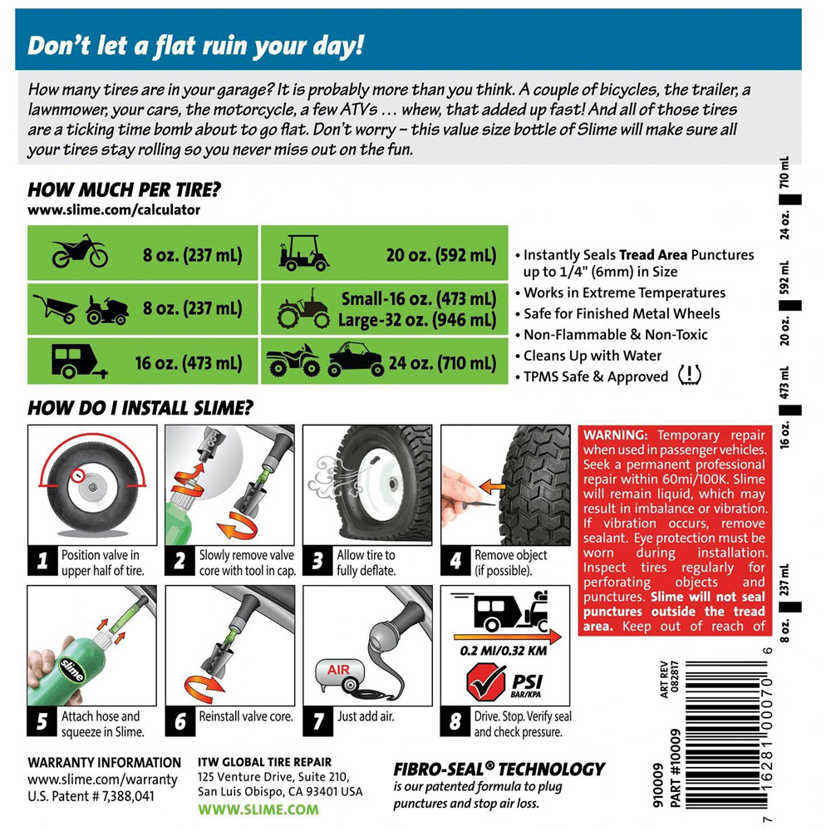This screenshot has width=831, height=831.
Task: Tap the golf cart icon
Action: (x=303, y=253)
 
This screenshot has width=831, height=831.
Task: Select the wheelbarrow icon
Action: (x=56, y=308)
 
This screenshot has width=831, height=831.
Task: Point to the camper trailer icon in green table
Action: (x=79, y=361)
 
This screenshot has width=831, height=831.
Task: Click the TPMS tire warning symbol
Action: (x=690, y=376)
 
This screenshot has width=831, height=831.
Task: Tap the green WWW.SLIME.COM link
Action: (x=258, y=809)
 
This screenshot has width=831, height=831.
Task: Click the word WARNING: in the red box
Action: (x=616, y=435)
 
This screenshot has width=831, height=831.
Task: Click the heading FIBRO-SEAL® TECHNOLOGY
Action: (x=499, y=770)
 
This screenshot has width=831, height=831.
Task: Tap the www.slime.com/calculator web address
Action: (x=114, y=210)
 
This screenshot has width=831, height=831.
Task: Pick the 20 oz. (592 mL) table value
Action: (x=441, y=255)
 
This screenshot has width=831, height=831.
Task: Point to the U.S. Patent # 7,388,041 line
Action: (x=91, y=796)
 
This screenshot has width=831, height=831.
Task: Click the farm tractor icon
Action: (x=303, y=308)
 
